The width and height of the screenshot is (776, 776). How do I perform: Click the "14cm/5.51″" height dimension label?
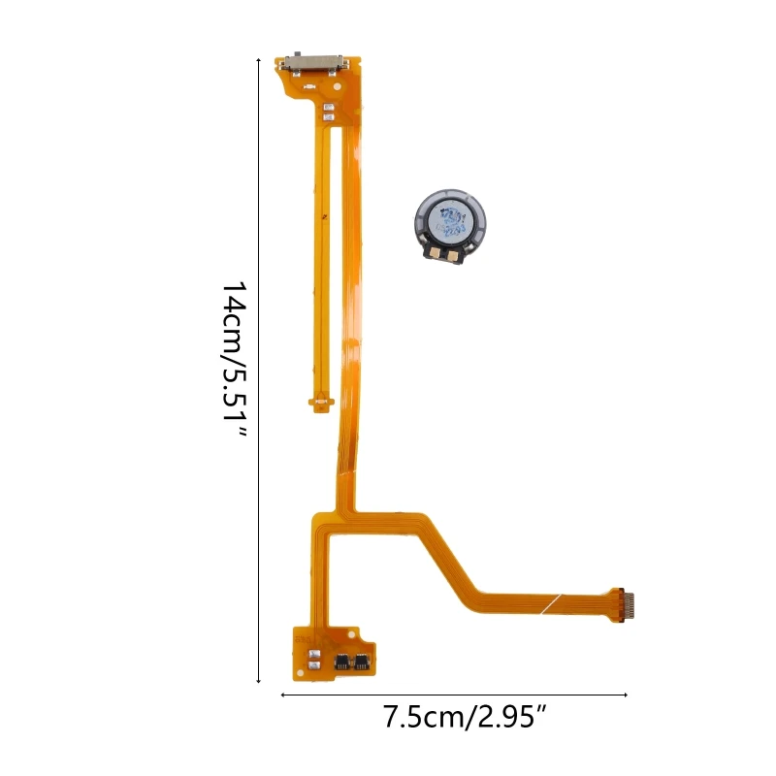tap(234, 360)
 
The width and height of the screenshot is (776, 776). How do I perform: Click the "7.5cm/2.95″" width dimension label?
tap(465, 717)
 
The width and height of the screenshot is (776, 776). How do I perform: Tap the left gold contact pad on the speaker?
tap(435, 253)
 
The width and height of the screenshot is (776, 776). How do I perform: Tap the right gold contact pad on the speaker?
tap(453, 255)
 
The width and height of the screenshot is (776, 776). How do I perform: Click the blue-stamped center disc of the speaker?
tap(450, 221)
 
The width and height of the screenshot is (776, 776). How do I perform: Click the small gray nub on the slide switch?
tap(298, 53)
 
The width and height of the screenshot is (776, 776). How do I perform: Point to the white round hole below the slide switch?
tap(337, 86)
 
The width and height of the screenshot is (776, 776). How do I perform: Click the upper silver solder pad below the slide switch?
tap(327, 107)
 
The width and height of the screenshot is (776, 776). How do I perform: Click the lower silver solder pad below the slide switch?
tap(327, 117)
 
